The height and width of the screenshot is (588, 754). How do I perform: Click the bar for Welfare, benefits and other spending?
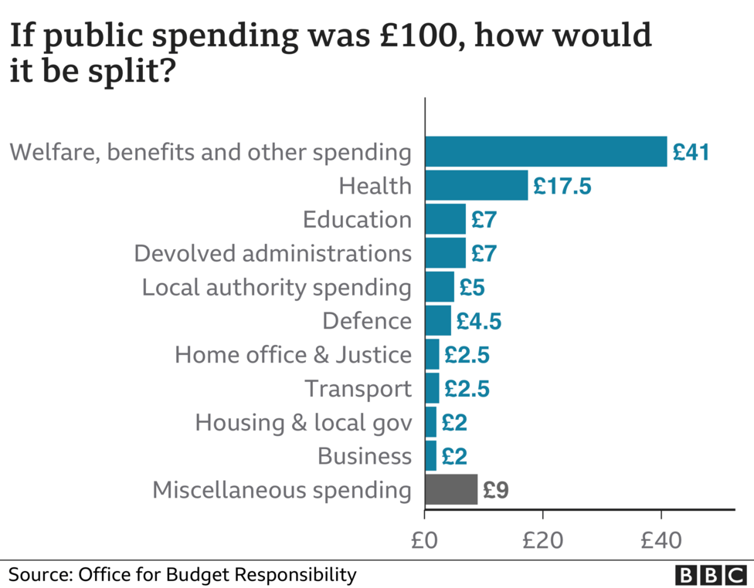coord(545,151)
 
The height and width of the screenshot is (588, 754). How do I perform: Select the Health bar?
coord(477,185)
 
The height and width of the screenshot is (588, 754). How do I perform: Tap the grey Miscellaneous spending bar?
coord(451,489)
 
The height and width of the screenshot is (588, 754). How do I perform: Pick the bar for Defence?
coord(438,320)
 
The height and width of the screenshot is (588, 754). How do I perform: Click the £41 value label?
coord(691,152)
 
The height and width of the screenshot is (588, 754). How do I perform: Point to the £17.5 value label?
coord(562,186)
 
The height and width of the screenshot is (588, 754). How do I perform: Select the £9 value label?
coord(495,490)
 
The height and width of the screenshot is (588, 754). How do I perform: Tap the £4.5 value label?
coord(478,321)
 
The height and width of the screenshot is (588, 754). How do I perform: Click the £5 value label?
coord(471,287)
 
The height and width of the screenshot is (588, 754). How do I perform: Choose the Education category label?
coord(357,220)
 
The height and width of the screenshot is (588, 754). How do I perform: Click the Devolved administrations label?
coord(272,253)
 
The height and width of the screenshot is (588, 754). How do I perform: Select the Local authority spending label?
coord(277,287)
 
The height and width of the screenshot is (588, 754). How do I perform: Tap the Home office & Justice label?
coord(293,355)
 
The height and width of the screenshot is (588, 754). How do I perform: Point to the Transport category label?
coord(358,388)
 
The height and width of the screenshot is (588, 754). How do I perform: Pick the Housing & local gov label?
coord(303,422)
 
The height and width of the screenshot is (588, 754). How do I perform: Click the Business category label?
coord(365,456)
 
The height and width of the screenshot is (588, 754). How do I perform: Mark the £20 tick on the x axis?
coord(543,540)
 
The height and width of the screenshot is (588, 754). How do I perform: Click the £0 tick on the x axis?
coord(425,540)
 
